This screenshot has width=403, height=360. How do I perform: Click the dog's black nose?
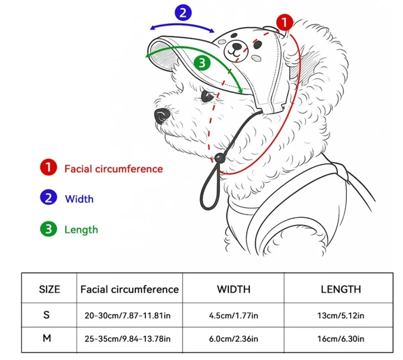click(161, 116)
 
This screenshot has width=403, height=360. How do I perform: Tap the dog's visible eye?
click(206, 95)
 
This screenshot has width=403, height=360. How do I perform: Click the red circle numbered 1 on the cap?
click(284, 22)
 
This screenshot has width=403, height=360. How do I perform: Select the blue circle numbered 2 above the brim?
click(182, 13)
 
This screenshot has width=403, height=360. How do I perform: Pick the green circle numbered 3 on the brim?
click(202, 63)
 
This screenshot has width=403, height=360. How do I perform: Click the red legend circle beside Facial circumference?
click(48, 168)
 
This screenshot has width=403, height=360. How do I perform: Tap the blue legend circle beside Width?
click(48, 198)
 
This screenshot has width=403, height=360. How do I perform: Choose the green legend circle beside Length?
click(48, 229)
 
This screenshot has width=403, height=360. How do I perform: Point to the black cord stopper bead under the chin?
click(219, 158)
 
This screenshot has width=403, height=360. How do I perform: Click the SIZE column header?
click(49, 289)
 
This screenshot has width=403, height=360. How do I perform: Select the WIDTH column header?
click(233, 289)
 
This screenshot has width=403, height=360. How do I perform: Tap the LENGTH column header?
click(340, 289)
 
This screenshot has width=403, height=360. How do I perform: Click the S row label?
click(47, 315)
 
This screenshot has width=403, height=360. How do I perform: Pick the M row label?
click(47, 338)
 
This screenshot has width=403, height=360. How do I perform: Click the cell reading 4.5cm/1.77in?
click(233, 315)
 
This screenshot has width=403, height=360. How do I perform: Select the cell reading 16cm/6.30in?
click(340, 339)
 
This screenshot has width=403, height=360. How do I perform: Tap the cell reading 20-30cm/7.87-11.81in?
click(128, 315)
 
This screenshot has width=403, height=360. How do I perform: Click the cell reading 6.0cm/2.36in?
click(233, 339)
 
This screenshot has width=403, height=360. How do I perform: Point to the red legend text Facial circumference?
click(113, 169)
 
